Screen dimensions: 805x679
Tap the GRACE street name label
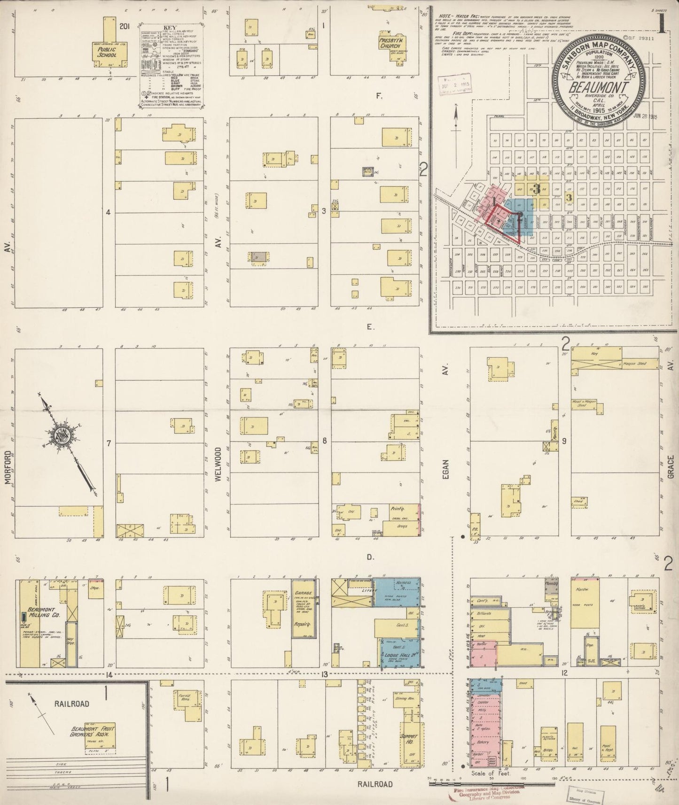click(x=671, y=467)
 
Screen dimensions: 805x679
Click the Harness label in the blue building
click(x=403, y=583)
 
